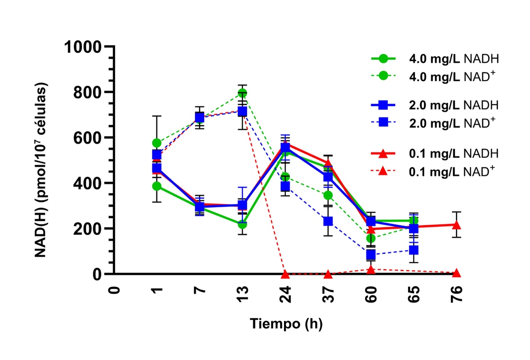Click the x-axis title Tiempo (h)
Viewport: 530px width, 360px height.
tap(286, 324)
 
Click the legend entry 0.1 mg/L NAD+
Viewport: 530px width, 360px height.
tap(452, 170)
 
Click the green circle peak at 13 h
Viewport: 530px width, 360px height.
tap(242, 93)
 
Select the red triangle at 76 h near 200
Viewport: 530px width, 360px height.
tap(457, 225)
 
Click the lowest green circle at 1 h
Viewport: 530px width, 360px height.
tap(156, 186)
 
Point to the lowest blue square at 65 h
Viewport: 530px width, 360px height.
tap(413, 250)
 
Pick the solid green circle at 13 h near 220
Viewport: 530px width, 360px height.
tap(242, 224)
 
